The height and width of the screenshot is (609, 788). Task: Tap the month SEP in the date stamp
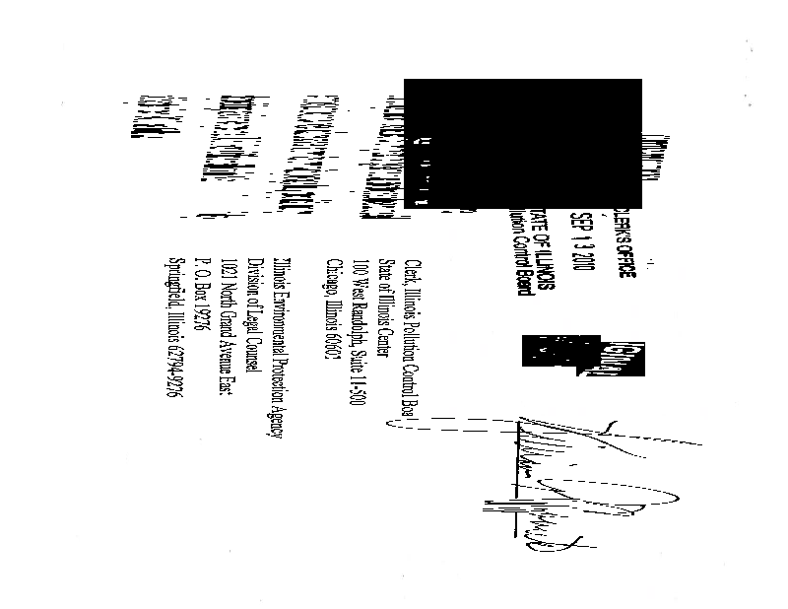pos(587,226)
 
